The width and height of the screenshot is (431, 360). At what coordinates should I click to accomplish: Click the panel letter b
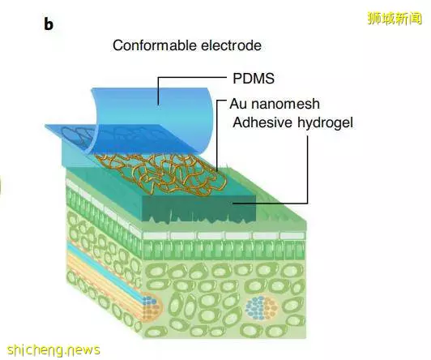click(49, 24)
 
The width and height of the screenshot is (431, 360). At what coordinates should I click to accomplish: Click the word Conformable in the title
click(155, 45)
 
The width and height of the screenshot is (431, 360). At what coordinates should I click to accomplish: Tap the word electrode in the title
click(231, 45)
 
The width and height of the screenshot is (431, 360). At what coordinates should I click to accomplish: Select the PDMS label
click(254, 79)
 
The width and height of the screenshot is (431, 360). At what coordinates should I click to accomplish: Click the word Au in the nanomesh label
click(237, 104)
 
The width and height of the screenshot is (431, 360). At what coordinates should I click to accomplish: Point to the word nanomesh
click(284, 104)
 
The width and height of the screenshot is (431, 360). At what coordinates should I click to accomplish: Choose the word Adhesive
click(262, 122)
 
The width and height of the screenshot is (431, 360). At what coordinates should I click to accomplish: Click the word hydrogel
click(325, 122)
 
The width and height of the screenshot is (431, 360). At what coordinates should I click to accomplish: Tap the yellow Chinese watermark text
click(395, 19)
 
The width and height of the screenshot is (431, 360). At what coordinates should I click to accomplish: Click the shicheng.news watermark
click(53, 349)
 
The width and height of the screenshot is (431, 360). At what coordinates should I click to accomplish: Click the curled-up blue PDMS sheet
click(154, 118)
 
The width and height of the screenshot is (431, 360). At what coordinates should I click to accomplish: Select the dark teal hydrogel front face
click(199, 208)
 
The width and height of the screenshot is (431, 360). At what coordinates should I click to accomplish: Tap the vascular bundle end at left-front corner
click(151, 306)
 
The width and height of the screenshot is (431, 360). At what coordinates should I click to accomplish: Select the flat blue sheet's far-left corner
click(45, 125)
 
